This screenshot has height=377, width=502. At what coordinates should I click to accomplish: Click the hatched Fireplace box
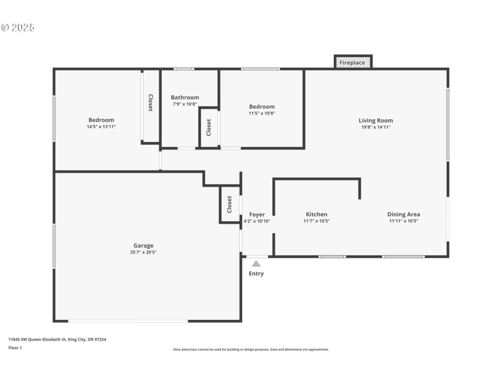pos(353,62)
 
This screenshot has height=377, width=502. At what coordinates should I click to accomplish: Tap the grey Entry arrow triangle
pos(256,264)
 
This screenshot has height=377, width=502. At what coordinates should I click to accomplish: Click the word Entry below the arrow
pos(256,273)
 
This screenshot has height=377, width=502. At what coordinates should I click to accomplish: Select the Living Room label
pos(376,120)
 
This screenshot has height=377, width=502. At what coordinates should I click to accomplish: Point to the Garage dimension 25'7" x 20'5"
pos(143,253)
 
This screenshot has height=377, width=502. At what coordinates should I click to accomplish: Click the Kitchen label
pos(316,214)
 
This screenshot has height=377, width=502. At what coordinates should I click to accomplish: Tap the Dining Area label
pos(403,214)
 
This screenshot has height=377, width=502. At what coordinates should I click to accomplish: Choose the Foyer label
pos(257,214)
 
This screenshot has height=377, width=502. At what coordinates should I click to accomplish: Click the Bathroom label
pos(185,97)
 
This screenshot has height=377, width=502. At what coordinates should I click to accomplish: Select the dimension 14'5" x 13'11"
pos(101,127)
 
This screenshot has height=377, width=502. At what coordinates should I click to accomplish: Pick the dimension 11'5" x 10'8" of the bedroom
pos(262,114)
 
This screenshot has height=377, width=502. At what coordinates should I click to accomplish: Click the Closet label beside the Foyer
pos(230,204)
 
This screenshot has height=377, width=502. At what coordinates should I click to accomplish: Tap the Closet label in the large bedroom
pos(151,103)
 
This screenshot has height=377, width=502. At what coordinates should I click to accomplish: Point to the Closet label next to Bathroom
pos(209,128)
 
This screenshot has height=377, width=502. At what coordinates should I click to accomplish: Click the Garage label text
pos(143,246)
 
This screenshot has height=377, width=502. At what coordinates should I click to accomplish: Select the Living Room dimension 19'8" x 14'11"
pos(376,127)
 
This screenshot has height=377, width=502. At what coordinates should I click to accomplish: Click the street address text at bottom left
pos(57,339)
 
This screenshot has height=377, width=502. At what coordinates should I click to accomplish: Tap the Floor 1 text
pos(15,347)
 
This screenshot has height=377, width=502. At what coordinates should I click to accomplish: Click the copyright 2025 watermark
pos(18,27)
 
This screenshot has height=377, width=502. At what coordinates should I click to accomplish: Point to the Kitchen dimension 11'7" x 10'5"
pos(316,221)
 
